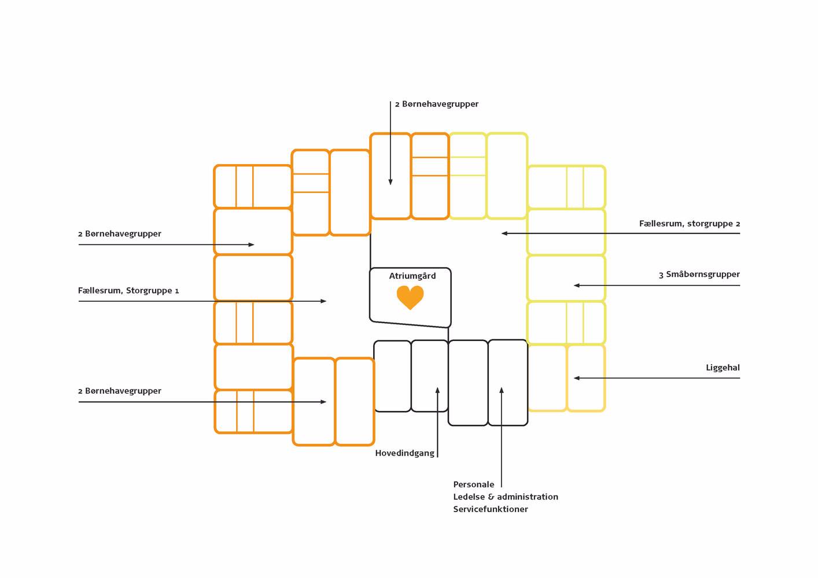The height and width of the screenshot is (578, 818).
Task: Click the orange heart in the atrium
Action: coord(410,297)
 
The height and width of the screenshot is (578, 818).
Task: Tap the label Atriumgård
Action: coord(412,276)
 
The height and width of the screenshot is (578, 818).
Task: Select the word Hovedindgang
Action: coord(404,453)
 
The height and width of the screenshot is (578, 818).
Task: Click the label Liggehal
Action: coord(723,368)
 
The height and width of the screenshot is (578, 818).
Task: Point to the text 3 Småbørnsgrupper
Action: coord(699,275)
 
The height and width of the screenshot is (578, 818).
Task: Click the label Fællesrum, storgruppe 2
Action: coord(689,224)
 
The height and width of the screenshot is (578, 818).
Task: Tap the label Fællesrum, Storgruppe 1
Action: coord(128,291)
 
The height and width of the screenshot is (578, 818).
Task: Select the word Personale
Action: coord(473,484)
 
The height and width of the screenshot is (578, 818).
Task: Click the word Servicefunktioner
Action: coord(490,509)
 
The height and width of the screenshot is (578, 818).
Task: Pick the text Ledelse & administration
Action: coord(505,497)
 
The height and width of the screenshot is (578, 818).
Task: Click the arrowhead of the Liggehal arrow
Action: coord(577,378)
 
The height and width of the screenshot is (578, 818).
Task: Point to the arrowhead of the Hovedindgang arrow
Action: coord(437,391)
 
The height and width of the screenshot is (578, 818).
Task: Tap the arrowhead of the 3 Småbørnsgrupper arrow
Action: coord(577,286)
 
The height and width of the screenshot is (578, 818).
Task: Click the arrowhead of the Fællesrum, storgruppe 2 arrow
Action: coord(504,234)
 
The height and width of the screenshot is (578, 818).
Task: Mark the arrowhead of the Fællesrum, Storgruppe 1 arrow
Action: coord(323,301)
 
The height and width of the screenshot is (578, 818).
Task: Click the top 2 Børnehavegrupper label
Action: coord(437,104)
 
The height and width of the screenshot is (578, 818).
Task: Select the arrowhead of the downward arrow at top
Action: coord(390,181)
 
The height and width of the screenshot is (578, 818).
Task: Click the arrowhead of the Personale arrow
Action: coord(502,391)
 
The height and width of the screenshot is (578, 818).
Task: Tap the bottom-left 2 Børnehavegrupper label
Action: coord(120,391)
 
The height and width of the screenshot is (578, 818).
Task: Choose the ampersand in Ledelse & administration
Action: coord(491,497)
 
